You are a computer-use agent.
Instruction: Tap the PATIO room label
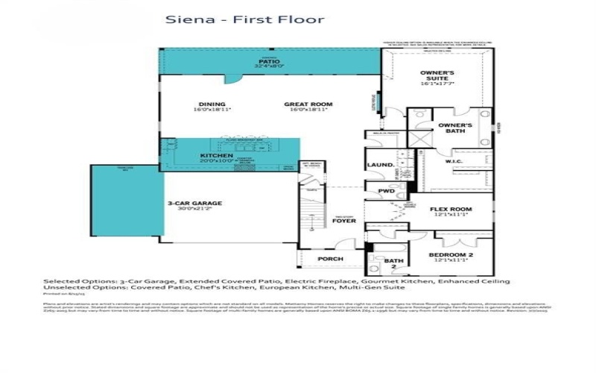point(268,61)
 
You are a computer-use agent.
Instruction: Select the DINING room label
point(212,104)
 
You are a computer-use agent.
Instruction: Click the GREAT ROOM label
point(308,104)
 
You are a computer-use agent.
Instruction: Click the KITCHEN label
point(217,156)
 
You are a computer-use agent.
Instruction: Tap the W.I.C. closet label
point(454,160)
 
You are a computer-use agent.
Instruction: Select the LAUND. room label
point(380,165)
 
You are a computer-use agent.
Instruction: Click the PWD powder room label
point(386,191)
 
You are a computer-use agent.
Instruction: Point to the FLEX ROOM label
point(451,209)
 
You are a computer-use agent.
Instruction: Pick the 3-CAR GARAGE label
point(194,202)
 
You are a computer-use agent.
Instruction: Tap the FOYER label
point(343,221)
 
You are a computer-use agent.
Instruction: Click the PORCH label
point(330,259)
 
